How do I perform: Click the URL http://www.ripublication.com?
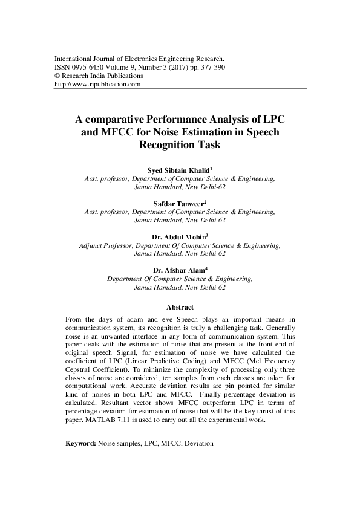pyautogui.click(x=97, y=85)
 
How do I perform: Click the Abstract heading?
pyautogui.click(x=180, y=307)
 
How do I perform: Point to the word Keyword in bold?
pyautogui.click(x=80, y=444)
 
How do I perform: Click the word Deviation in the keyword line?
pyautogui.click(x=198, y=444)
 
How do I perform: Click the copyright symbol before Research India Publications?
pyautogui.click(x=57, y=76)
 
